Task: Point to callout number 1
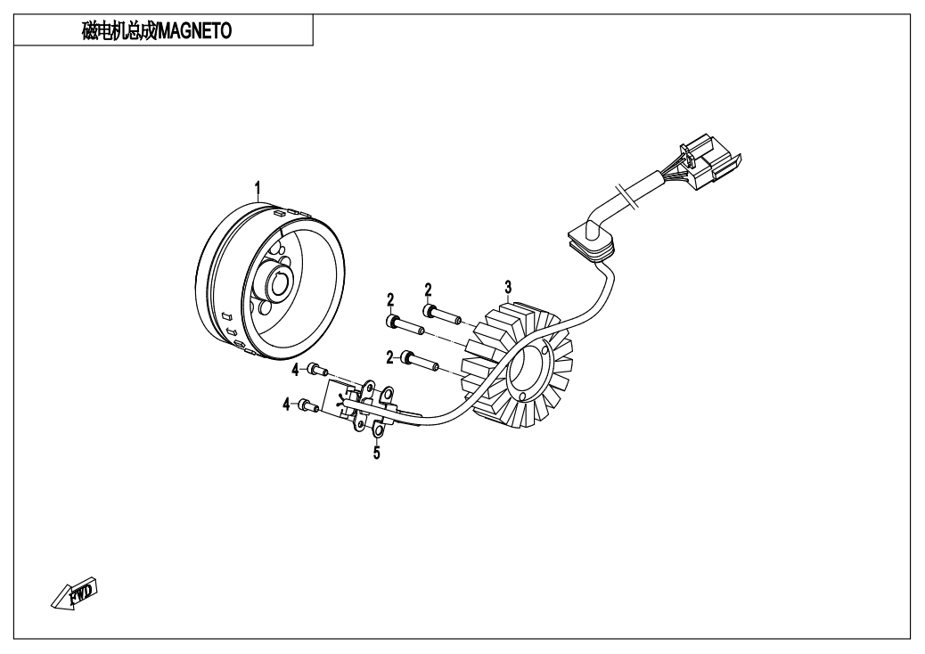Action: click(x=258, y=187)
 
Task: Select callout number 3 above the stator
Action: click(x=508, y=286)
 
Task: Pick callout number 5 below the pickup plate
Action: click(x=376, y=454)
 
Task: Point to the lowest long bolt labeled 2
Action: click(x=421, y=361)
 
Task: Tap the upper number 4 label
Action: click(x=294, y=368)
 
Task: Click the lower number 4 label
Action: click(x=287, y=405)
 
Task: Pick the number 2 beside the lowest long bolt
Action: click(x=389, y=357)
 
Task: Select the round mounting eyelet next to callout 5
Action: click(x=376, y=433)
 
